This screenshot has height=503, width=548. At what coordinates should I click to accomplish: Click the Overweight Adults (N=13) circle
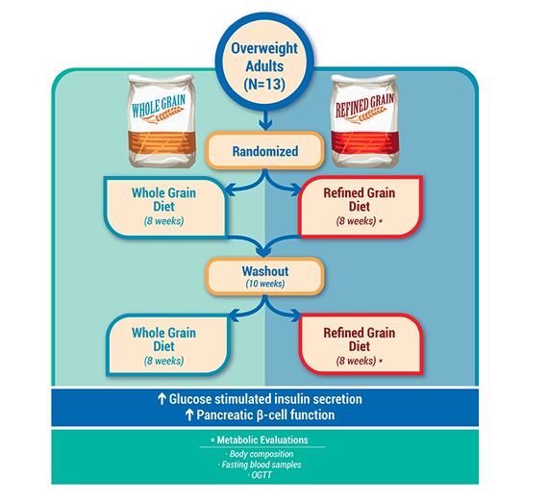pyautogui.click(x=264, y=62)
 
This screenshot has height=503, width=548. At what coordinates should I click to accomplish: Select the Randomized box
pyautogui.click(x=264, y=151)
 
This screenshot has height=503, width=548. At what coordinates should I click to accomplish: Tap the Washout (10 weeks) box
pyautogui.click(x=264, y=276)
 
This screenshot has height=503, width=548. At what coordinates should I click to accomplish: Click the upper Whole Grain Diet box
pyautogui.click(x=166, y=207)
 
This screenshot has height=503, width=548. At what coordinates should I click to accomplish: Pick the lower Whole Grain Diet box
pyautogui.click(x=167, y=344)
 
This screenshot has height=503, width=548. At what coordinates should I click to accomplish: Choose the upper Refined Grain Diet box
pyautogui.click(x=361, y=207)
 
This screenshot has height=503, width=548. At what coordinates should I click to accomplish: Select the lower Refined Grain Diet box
pyautogui.click(x=361, y=344)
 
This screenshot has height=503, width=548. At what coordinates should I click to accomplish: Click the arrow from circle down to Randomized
pyautogui.click(x=265, y=120)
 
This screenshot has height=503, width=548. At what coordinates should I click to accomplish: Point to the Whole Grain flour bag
pyautogui.click(x=162, y=121)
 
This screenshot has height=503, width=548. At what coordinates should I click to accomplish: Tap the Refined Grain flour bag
pyautogui.click(x=364, y=121)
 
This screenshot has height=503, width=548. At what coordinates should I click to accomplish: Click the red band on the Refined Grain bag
pyautogui.click(x=364, y=142)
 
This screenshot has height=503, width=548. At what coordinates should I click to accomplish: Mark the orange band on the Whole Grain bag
pyautogui.click(x=162, y=142)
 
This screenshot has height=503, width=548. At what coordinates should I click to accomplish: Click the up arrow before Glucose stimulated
pyautogui.click(x=162, y=398)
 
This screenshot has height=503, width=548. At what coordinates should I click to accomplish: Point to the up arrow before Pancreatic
pyautogui.click(x=189, y=415)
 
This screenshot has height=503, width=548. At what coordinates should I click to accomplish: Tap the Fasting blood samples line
pyautogui.click(x=262, y=465)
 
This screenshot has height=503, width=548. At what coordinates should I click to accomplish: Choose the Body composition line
pyautogui.click(x=262, y=454)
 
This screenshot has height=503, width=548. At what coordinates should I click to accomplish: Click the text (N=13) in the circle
pyautogui.click(x=264, y=85)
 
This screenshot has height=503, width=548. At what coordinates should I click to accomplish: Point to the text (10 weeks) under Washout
pyautogui.click(x=265, y=284)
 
